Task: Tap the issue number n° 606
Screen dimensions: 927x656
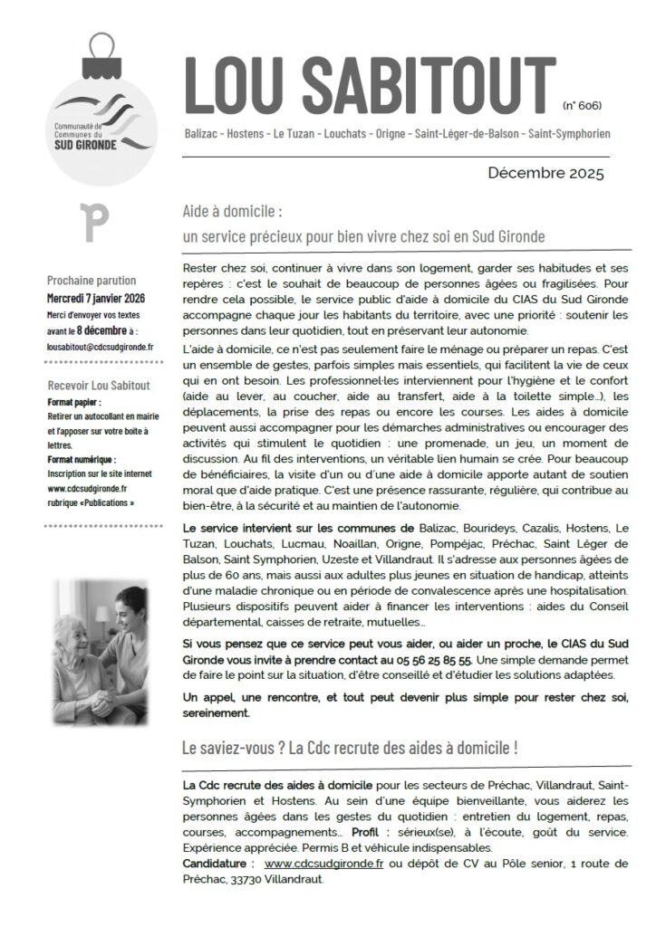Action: pos(583,106)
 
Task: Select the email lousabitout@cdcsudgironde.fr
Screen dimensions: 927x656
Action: pos(101,346)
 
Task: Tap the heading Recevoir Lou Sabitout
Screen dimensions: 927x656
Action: pos(98,386)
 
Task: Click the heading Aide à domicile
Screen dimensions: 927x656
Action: pos(233,212)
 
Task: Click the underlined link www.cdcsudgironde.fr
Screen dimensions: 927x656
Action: pos(323,864)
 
